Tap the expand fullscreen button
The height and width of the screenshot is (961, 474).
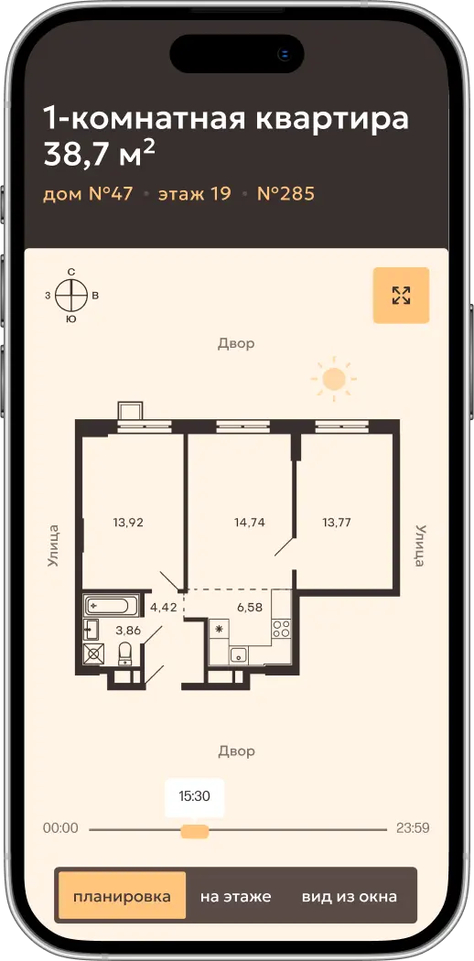(401, 295)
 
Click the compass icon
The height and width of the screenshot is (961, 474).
(71, 296)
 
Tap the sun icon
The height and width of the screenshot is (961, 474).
(334, 379)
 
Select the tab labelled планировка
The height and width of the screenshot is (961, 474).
(122, 896)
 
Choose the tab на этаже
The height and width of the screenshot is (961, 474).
(235, 896)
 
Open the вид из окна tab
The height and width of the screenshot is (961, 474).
(349, 896)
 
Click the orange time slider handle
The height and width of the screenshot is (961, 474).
(195, 831)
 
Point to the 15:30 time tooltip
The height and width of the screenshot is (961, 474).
(194, 797)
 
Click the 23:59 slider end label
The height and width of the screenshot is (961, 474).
(413, 828)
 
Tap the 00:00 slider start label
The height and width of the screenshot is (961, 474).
(60, 828)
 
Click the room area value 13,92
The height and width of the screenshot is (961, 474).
(128, 523)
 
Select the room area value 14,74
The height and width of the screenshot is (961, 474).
(249, 523)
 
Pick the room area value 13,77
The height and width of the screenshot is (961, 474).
(338, 523)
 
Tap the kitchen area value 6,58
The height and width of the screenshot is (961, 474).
(250, 607)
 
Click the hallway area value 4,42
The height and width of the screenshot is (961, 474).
(164, 608)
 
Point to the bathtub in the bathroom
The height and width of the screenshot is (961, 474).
(106, 606)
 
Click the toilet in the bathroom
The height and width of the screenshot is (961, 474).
(125, 653)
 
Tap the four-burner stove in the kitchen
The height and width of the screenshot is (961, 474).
(281, 628)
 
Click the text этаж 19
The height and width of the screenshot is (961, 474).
(195, 194)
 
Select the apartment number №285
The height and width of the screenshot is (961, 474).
(285, 194)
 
